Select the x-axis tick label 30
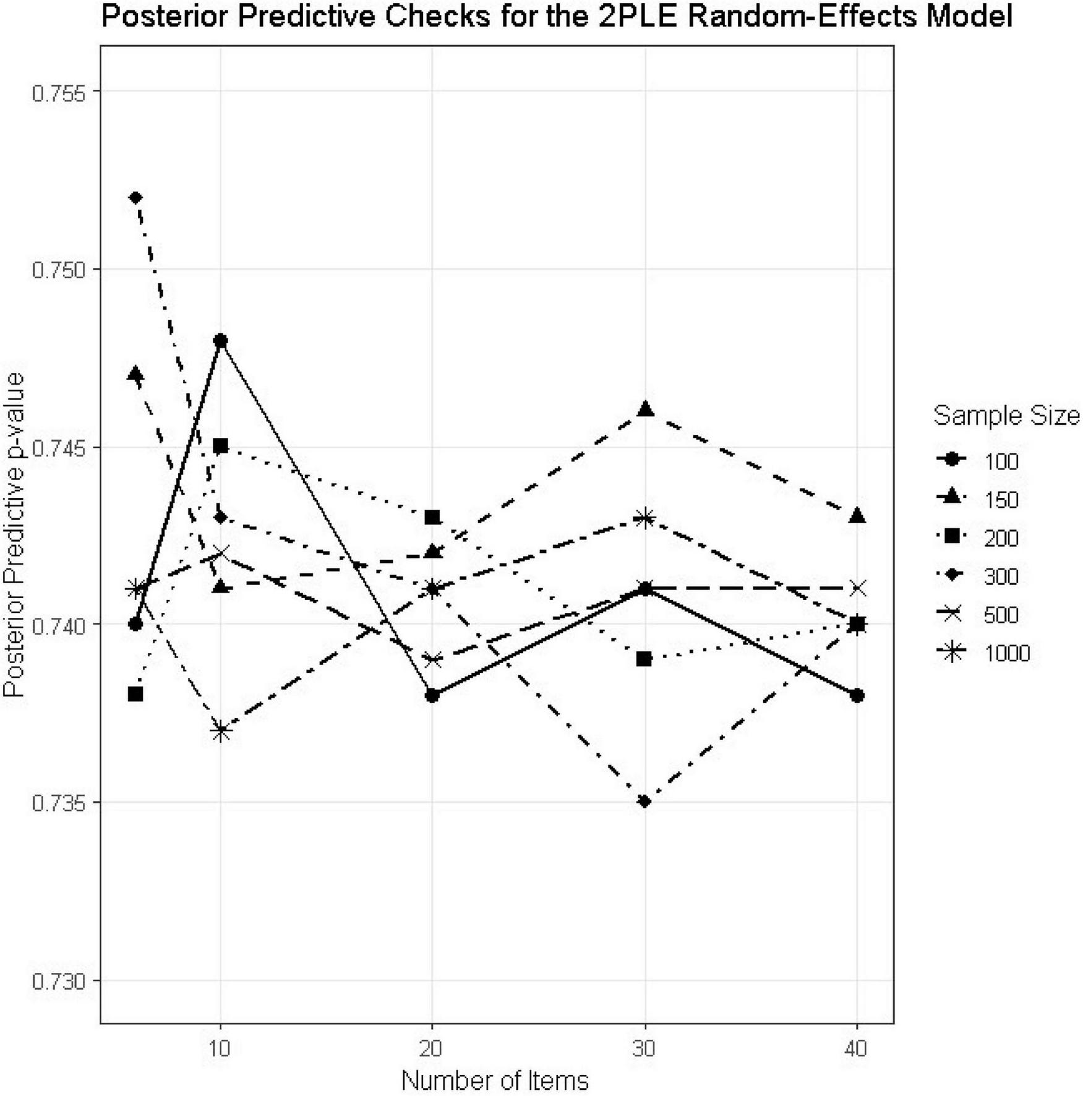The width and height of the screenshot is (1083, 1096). (x=645, y=1049)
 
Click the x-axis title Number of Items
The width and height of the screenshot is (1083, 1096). (x=495, y=1081)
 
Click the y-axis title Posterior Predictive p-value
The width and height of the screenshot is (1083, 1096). (x=14, y=536)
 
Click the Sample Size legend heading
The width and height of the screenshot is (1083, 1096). (x=1006, y=416)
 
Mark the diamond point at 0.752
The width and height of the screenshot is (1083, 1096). (x=136, y=197)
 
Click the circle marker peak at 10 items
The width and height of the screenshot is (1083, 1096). (x=220, y=340)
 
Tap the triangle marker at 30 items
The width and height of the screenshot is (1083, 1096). (x=645, y=409)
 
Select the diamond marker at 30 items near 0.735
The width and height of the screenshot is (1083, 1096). (x=645, y=802)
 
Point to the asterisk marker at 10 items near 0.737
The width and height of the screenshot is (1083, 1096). (x=220, y=731)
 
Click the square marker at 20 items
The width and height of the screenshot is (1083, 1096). (x=432, y=517)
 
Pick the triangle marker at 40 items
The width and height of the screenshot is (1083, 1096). (x=857, y=516)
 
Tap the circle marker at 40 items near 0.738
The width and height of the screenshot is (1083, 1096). (x=857, y=696)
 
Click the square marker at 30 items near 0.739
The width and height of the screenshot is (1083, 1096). (x=644, y=659)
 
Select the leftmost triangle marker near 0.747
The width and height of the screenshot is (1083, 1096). (x=136, y=374)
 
